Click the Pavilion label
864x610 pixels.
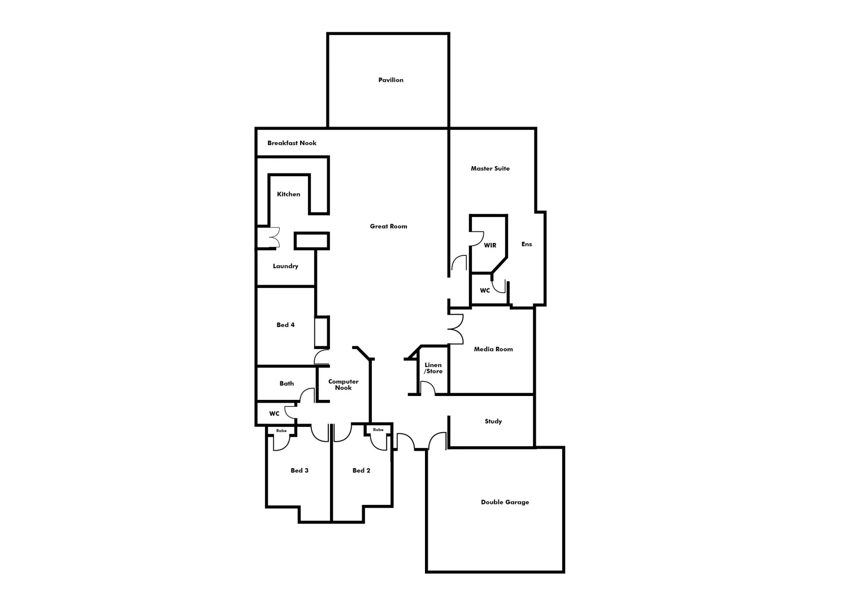tap(390, 80)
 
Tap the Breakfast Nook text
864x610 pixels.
tap(292, 143)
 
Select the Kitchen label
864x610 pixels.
tap(288, 194)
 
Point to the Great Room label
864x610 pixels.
tap(388, 226)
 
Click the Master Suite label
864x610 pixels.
tap(490, 168)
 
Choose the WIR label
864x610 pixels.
tap(490, 245)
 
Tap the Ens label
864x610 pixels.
tap(526, 244)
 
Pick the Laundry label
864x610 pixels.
tap(285, 266)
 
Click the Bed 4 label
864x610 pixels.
tap(285, 325)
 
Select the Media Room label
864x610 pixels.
tap(493, 349)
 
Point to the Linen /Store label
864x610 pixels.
tap(433, 368)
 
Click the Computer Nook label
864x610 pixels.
tap(343, 385)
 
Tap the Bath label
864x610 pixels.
tap(286, 384)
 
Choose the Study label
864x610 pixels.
tap(493, 421)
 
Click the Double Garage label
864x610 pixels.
tap(505, 502)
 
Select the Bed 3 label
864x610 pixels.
tap(299, 470)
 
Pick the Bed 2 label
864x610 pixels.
tap(361, 470)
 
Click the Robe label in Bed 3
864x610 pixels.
tap(281, 431)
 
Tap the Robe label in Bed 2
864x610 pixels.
tap(378, 430)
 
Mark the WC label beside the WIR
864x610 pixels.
tap(485, 291)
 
